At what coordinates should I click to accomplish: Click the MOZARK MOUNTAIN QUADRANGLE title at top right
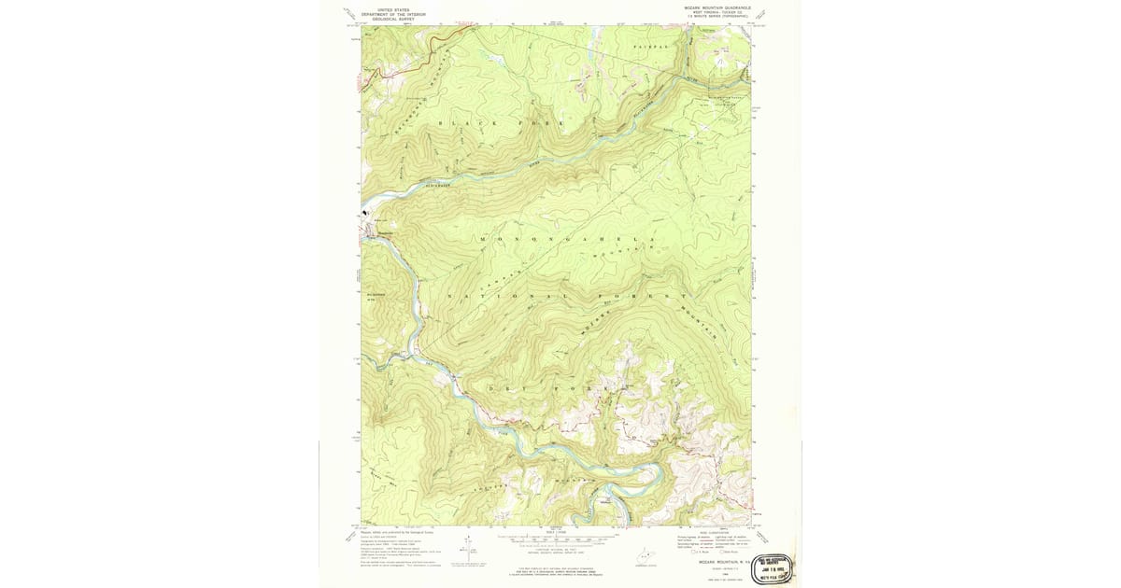(x=710, y=7)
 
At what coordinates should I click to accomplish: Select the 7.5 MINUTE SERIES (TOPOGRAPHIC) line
(x=713, y=16)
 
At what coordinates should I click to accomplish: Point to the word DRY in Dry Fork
(x=504, y=386)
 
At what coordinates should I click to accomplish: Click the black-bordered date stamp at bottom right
(x=774, y=564)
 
